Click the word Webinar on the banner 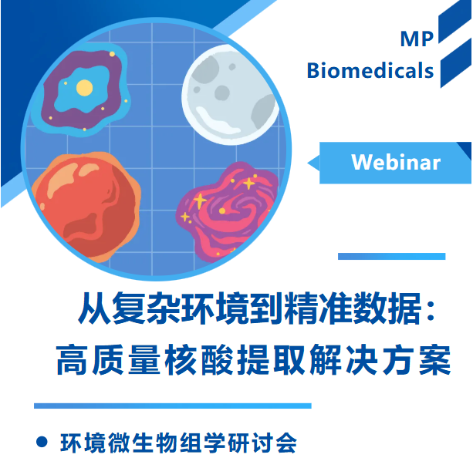coord(395,163)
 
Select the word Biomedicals coord(370,71)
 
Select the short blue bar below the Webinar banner coord(391,256)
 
